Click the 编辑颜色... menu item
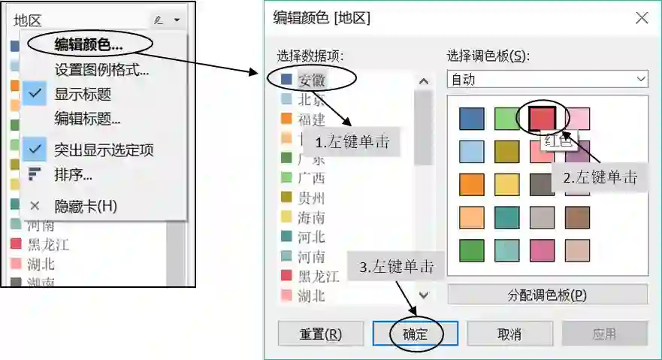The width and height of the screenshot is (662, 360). pyautogui.click(x=88, y=44)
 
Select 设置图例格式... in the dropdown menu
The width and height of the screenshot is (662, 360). pyautogui.click(x=101, y=71)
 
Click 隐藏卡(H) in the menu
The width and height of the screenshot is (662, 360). pyautogui.click(x=86, y=206)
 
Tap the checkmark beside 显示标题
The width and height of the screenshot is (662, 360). pyautogui.click(x=35, y=95)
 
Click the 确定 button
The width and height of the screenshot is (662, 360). pyautogui.click(x=415, y=334)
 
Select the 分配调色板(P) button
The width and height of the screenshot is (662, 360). pyautogui.click(x=547, y=294)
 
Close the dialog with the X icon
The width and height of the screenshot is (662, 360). pyautogui.click(x=642, y=17)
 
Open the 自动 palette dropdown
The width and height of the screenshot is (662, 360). pyautogui.click(x=547, y=79)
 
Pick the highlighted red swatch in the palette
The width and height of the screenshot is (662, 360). pyautogui.click(x=541, y=118)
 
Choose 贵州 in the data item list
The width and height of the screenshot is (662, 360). pyautogui.click(x=311, y=198)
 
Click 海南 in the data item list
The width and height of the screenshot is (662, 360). pyautogui.click(x=311, y=218)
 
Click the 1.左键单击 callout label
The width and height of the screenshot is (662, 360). pyautogui.click(x=352, y=142)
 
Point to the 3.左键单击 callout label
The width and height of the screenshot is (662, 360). pyautogui.click(x=396, y=266)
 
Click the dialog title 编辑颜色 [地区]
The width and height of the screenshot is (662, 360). pyautogui.click(x=322, y=18)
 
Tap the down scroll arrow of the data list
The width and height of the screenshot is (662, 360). pyautogui.click(x=423, y=295)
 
